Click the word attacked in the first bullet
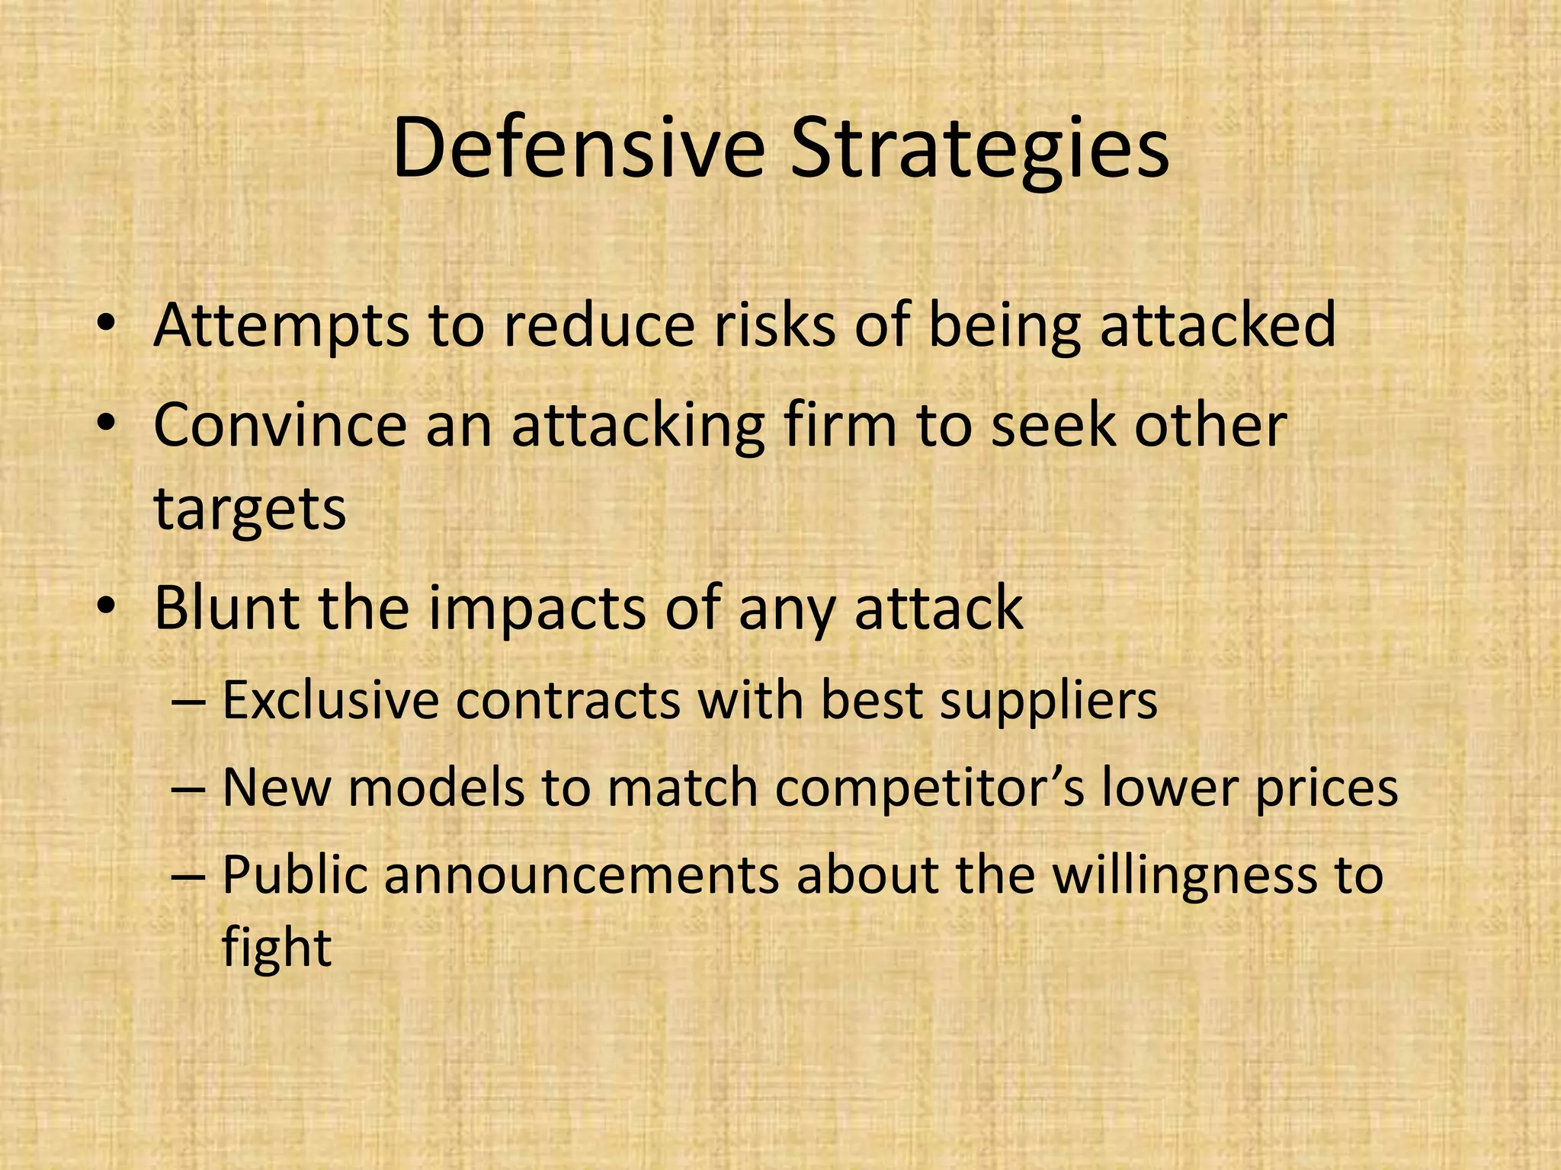click(x=1217, y=324)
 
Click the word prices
click(x=1325, y=789)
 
